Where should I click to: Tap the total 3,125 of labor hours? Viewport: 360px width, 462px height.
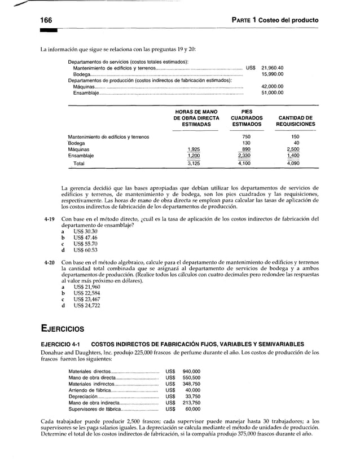(194, 164)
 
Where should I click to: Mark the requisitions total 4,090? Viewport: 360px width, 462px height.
(293, 164)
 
